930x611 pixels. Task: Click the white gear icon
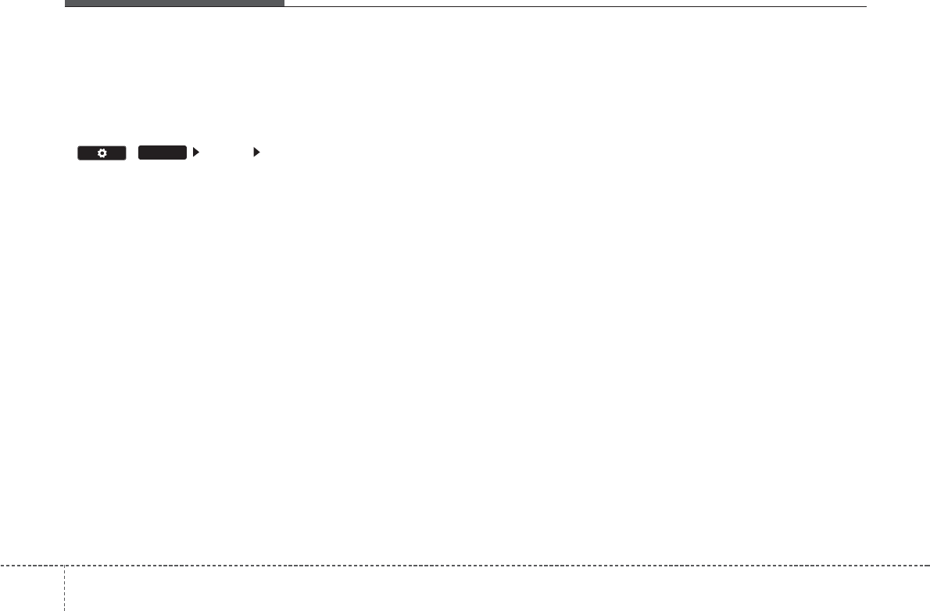[102, 153]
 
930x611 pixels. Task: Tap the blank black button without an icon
[163, 153]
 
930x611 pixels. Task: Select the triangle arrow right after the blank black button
[196, 153]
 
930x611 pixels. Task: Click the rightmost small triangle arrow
[256, 153]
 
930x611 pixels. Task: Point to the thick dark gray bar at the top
[174, 3]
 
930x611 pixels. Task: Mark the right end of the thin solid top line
[867, 7]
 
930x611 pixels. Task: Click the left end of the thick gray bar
[66, 3]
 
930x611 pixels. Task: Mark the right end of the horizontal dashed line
[928, 565]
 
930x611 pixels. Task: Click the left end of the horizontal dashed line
[2, 565]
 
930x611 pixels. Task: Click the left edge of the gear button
[78, 153]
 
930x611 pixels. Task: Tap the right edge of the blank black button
[187, 153]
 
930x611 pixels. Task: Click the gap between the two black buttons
[132, 153]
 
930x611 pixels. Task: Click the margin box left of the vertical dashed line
[32, 588]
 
